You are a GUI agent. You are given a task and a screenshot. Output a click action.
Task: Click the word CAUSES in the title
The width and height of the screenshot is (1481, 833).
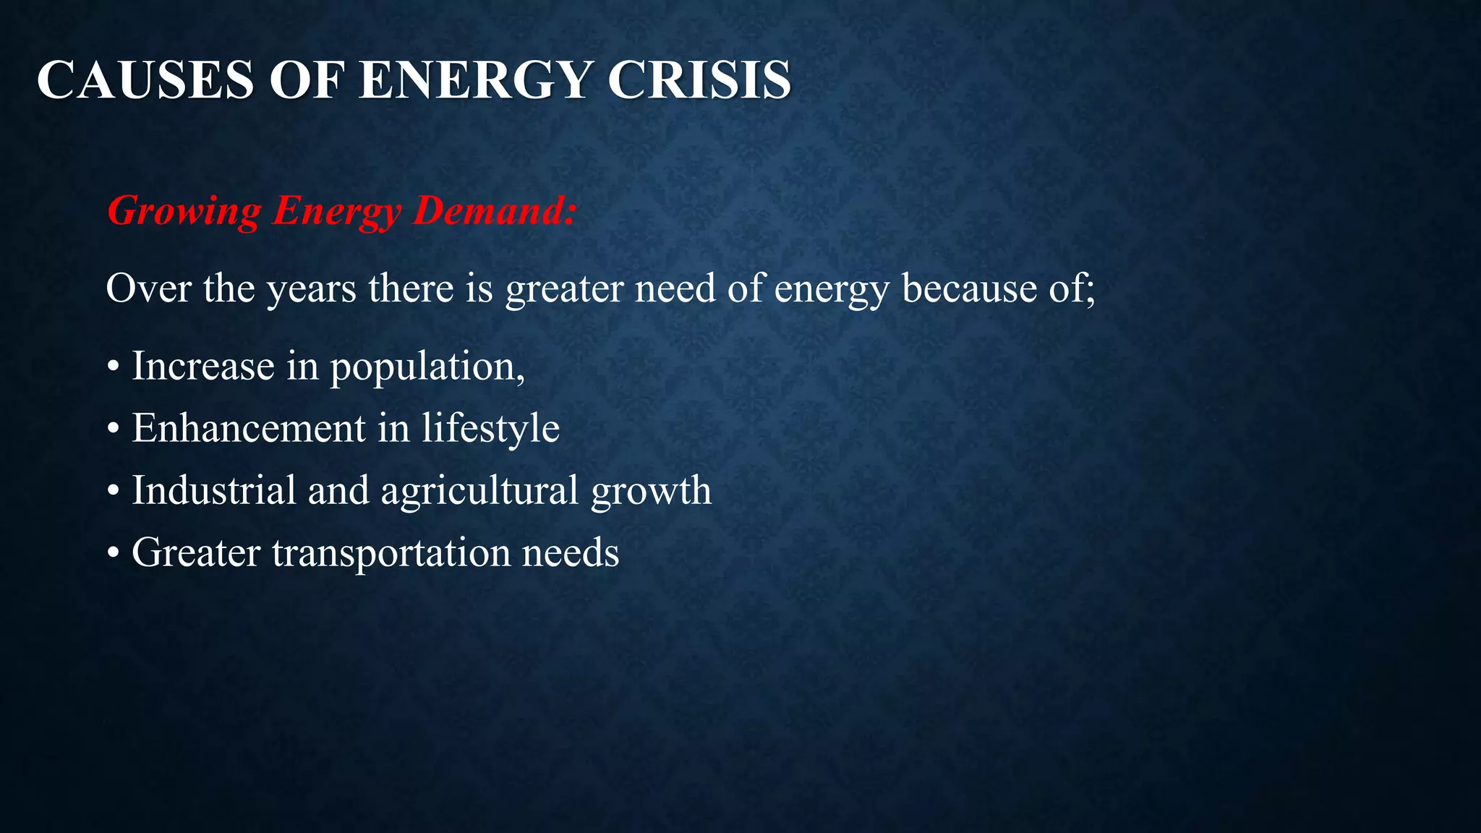[x=145, y=80]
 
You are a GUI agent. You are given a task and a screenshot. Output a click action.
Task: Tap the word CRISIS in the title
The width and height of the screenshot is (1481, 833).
[x=699, y=80]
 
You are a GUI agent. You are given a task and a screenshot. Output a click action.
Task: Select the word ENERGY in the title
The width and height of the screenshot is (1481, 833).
[x=475, y=80]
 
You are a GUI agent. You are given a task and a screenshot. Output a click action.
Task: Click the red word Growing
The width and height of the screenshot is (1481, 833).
[x=184, y=211]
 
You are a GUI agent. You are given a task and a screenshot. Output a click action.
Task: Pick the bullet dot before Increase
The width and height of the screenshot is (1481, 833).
[x=112, y=367]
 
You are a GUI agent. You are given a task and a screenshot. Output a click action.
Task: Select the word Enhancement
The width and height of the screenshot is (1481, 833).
[x=249, y=428]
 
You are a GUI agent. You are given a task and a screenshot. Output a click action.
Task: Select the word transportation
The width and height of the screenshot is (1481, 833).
[x=391, y=553]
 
